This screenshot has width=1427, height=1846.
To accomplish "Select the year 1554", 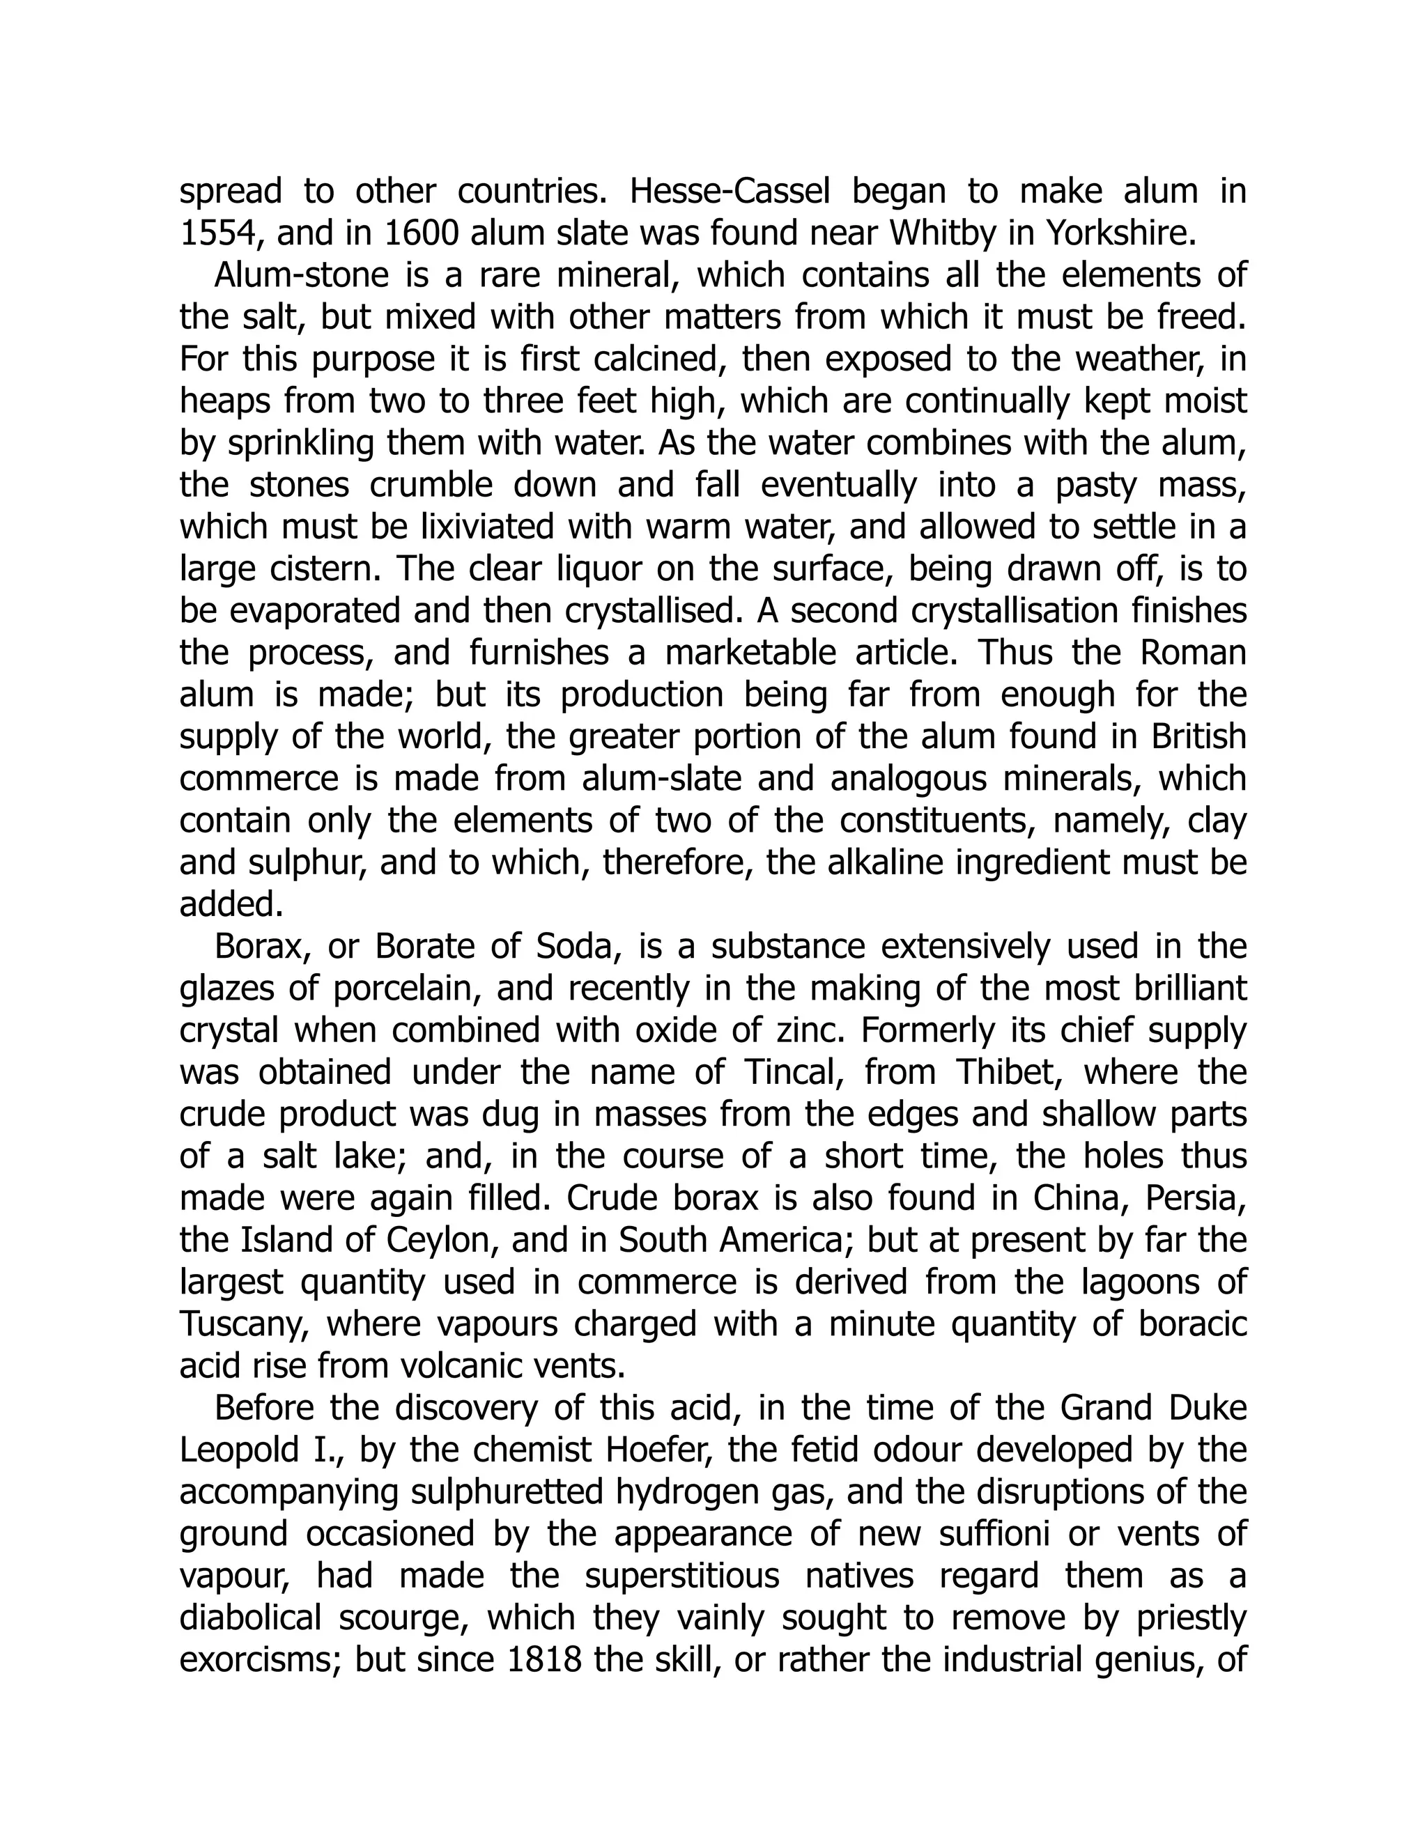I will [217, 234].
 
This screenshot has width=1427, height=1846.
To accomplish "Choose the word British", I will [1198, 737].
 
